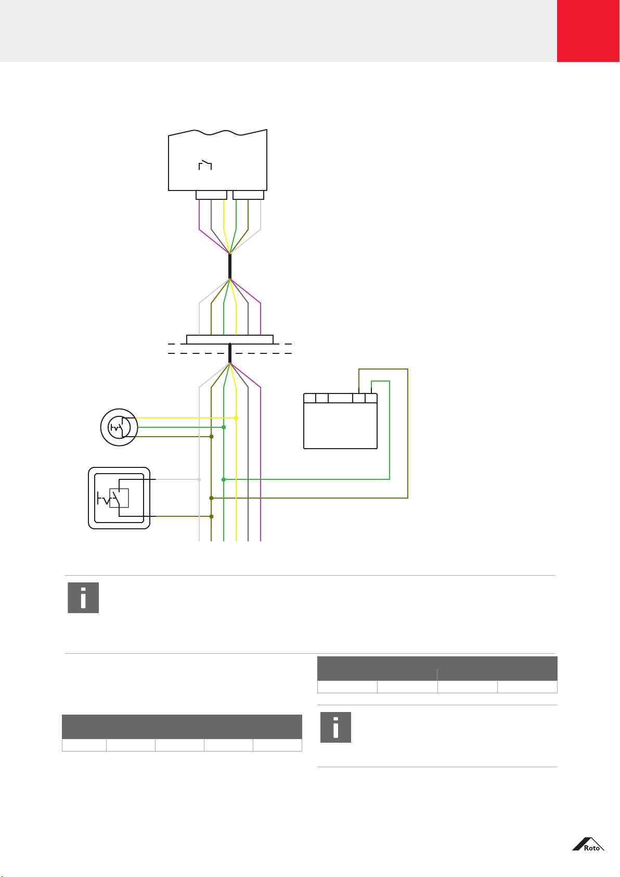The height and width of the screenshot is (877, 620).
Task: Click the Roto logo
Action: tap(588, 844)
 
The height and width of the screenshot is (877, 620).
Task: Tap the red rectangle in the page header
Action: tap(588, 31)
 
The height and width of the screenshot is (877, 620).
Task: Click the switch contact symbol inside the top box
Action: tap(205, 165)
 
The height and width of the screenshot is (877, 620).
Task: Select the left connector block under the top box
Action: tap(211, 195)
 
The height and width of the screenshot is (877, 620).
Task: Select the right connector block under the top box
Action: tap(249, 195)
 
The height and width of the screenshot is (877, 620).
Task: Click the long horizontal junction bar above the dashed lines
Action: tap(229, 339)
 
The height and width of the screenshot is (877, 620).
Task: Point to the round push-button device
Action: tap(119, 427)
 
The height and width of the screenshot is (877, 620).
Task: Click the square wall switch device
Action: tap(119, 498)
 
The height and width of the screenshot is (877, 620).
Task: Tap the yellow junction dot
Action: tap(236, 418)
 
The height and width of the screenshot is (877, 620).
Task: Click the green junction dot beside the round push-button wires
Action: tap(224, 427)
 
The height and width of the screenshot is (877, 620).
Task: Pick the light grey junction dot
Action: tap(199, 479)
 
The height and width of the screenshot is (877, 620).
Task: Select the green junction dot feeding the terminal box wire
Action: tap(224, 479)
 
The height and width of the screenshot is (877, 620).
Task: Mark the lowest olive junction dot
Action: tap(211, 516)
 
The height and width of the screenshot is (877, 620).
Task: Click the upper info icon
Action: tap(83, 598)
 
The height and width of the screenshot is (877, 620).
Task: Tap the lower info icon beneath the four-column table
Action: tap(335, 727)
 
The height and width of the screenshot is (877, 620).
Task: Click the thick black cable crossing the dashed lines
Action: tap(229, 353)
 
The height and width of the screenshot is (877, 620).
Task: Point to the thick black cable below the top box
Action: tap(229, 266)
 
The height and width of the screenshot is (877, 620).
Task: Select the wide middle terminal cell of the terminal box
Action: tap(340, 398)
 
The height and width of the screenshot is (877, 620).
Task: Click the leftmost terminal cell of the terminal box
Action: tap(310, 398)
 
